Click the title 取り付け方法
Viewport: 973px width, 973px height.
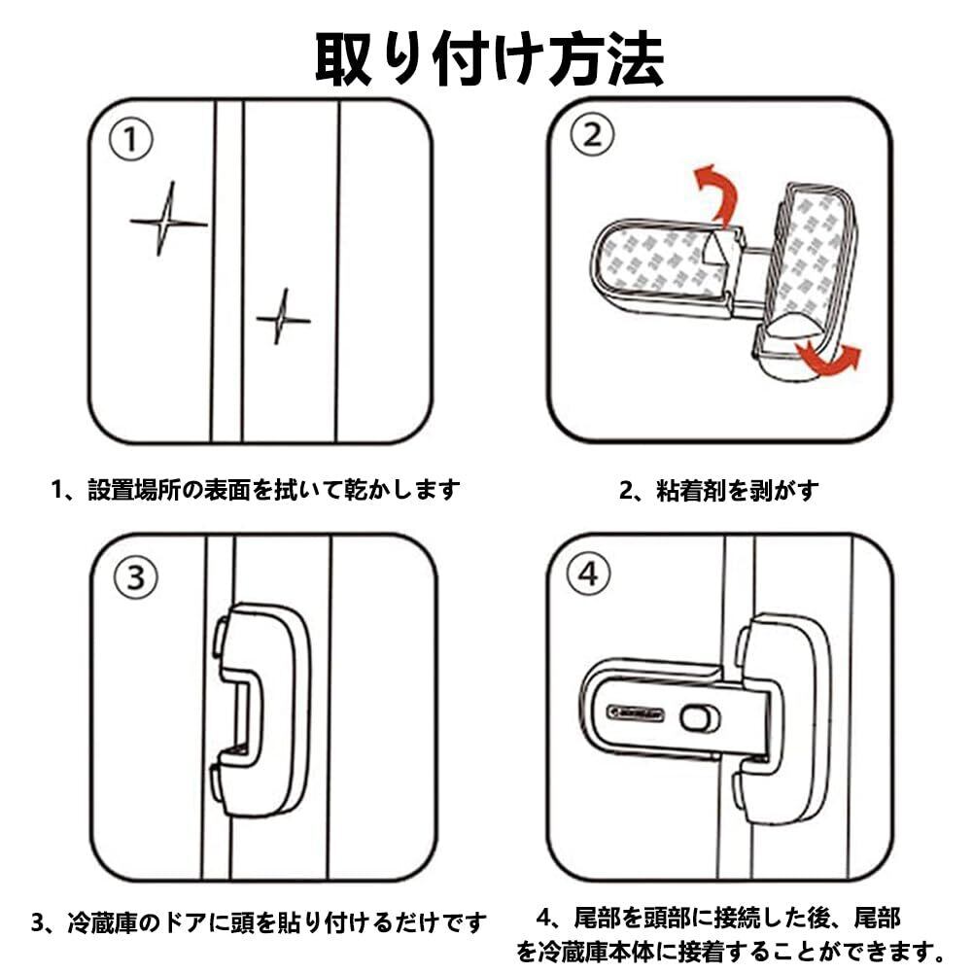click(x=489, y=60)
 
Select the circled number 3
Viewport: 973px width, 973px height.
click(x=135, y=577)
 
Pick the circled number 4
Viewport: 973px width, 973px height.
click(x=588, y=573)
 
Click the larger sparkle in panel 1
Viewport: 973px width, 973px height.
click(x=166, y=221)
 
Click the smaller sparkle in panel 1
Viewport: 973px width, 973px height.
click(x=282, y=317)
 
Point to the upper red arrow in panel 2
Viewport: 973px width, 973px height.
click(x=717, y=190)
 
